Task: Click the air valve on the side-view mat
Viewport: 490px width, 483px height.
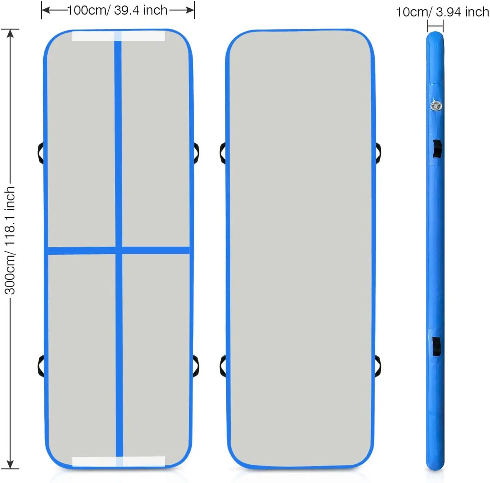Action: coord(437,105)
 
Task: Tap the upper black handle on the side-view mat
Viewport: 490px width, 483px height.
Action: coord(437,149)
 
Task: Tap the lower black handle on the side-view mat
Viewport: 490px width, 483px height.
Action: coord(437,347)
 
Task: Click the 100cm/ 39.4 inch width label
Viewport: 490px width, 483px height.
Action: coord(117,11)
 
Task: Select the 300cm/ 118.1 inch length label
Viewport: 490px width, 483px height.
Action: coord(10,241)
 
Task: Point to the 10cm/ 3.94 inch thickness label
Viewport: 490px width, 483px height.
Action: coord(443,12)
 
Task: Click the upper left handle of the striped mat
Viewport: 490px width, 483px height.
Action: coord(40,153)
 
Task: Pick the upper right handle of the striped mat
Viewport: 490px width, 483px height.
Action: coord(196,153)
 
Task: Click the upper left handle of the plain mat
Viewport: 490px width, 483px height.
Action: coord(223,153)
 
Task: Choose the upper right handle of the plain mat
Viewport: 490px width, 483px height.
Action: coord(378,153)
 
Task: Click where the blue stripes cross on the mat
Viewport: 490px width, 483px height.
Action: coord(119,250)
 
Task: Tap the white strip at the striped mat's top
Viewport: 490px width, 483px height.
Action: coord(119,36)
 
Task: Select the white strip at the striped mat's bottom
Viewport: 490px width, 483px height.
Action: coord(119,462)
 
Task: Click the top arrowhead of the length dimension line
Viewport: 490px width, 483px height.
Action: coord(10,33)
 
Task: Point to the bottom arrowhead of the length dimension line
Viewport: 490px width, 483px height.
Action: coord(10,464)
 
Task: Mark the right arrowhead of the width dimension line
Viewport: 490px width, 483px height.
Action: coord(190,10)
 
